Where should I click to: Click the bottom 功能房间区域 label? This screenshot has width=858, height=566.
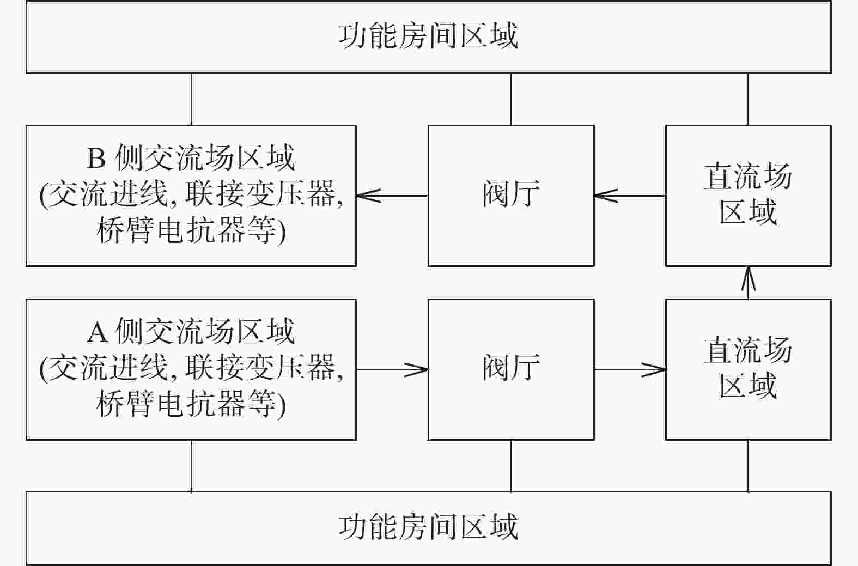428,527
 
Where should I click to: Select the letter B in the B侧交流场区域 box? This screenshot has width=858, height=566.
96,158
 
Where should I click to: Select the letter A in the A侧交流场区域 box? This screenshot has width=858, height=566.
97,332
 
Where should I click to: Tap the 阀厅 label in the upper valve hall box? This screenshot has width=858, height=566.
511,193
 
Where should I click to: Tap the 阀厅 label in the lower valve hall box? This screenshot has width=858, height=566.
511,367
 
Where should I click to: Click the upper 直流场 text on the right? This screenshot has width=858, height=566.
748,176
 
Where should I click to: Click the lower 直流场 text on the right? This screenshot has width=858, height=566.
748,350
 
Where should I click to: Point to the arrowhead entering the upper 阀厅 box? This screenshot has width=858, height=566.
606,196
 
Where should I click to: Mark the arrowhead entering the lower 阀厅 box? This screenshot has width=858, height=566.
416,369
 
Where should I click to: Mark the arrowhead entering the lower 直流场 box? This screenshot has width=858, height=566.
654,369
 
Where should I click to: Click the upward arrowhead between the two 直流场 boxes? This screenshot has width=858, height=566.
749,278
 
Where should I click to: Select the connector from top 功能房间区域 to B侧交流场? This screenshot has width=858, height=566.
192,99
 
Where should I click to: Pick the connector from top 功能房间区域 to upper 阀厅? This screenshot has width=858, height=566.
512,99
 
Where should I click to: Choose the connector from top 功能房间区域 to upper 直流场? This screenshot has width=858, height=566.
749,99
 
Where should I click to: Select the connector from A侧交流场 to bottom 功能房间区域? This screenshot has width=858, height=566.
192,466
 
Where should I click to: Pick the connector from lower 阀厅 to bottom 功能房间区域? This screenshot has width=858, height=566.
512,466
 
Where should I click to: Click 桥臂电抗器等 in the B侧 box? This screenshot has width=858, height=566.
186,230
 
